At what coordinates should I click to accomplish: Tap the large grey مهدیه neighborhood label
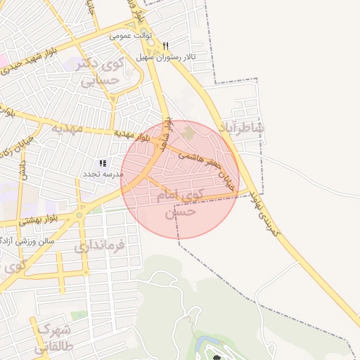coord(67,129)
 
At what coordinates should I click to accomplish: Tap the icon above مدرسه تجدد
coord(103,163)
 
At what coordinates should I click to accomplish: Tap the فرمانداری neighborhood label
coord(99,245)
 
